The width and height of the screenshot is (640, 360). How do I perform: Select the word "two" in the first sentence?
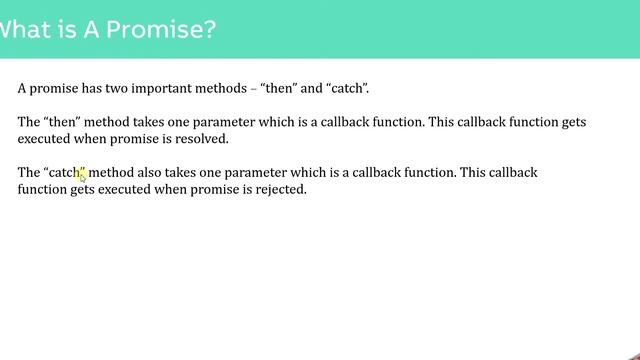coord(114,88)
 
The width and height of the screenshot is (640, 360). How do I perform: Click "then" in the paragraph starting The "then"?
coord(62,122)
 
